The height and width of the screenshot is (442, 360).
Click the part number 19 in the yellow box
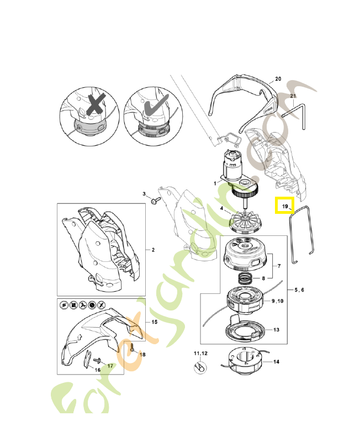click(285, 206)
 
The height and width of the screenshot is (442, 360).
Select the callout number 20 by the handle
click(278, 79)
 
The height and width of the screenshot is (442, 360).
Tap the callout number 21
click(293, 97)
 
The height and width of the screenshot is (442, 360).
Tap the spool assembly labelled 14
click(243, 364)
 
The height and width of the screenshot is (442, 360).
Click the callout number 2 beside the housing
click(153, 250)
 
